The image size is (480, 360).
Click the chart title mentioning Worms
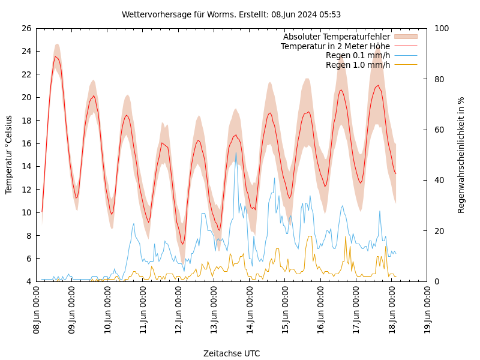(231, 14)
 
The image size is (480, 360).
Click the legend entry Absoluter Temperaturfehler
(337, 37)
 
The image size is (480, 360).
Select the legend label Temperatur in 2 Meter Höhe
(335, 46)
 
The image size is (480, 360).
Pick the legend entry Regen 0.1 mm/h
(358, 55)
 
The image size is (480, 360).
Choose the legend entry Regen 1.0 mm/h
(358, 65)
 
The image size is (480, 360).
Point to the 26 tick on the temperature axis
(26, 28)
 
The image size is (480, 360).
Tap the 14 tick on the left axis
(26, 166)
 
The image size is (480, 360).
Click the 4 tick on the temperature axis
(28, 281)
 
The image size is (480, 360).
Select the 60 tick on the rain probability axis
(439, 130)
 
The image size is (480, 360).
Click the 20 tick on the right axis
(439, 231)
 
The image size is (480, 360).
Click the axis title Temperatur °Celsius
(9, 155)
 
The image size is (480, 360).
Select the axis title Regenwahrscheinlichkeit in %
(461, 155)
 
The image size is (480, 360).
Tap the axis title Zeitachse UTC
(232, 353)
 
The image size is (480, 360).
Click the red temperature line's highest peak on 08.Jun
(56, 56)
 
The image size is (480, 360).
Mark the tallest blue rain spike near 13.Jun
(236, 152)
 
